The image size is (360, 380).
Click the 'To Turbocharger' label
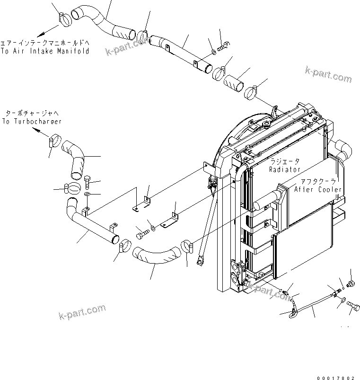[32, 122]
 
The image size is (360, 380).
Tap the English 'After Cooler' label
[318, 189]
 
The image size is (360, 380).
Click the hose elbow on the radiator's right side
[342, 151]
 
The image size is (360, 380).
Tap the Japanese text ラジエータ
[284, 161]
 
